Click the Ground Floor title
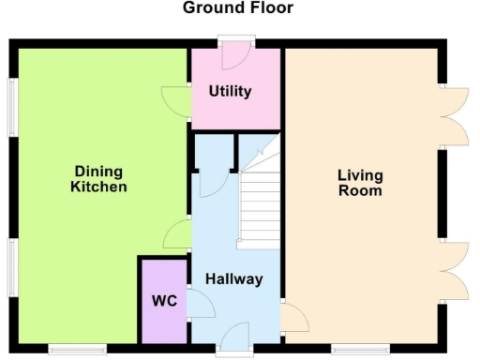point(237,8)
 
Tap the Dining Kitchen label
point(98,179)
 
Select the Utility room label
point(230,91)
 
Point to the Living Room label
point(360,183)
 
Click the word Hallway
point(234,279)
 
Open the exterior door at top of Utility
point(235,54)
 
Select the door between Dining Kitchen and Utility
point(175,100)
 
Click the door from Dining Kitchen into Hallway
point(177,233)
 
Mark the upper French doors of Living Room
point(454,116)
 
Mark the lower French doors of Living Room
point(454,270)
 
